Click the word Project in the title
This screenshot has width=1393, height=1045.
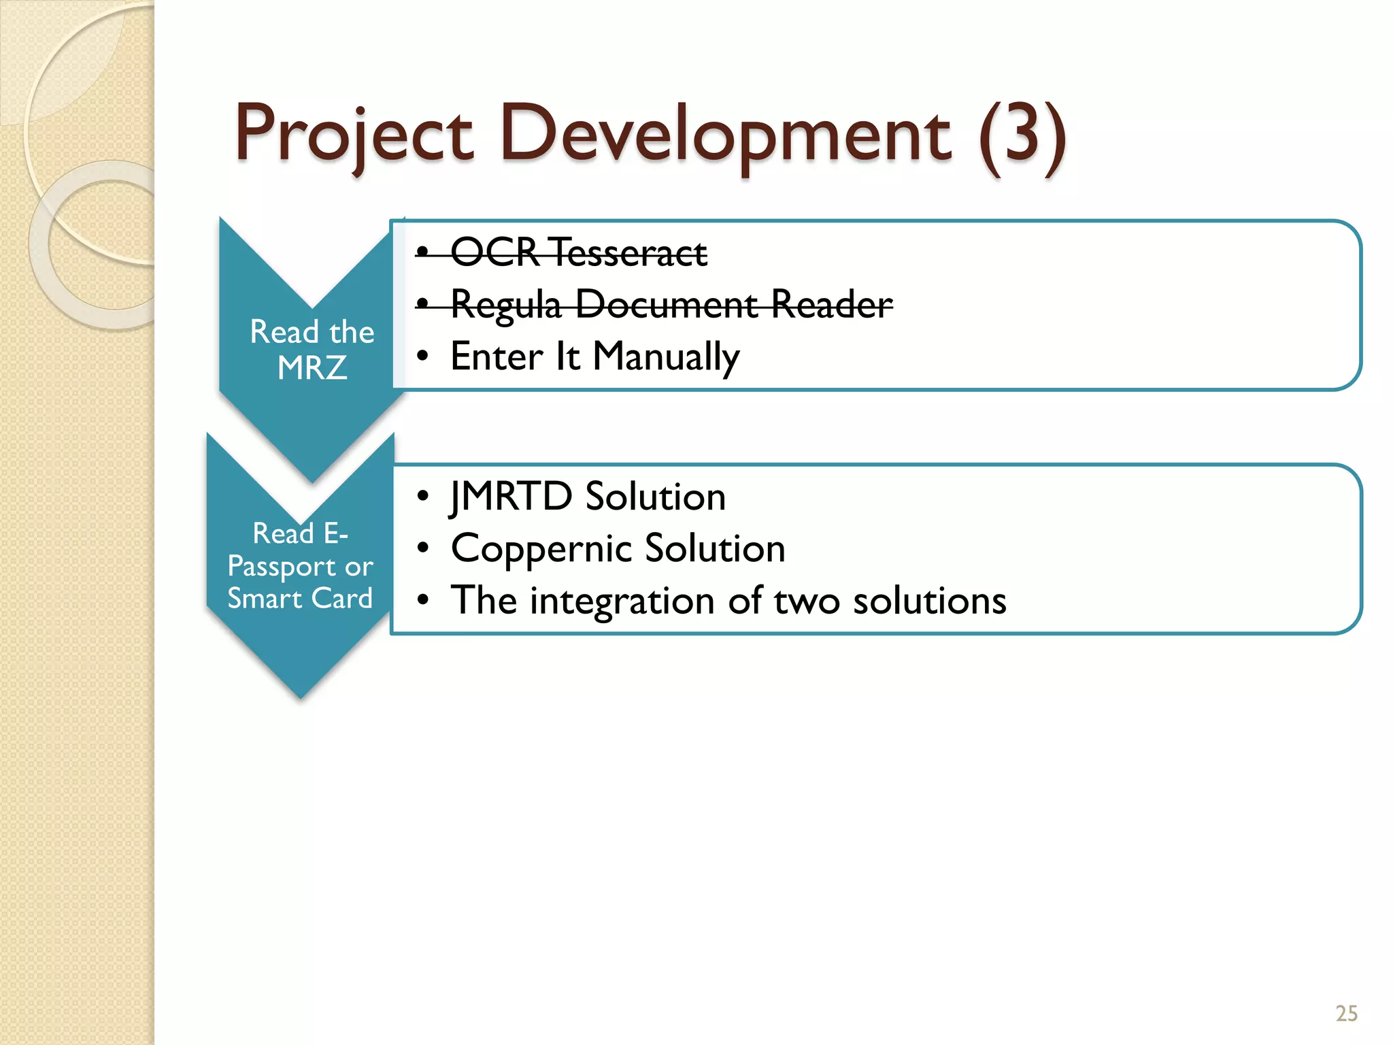354,135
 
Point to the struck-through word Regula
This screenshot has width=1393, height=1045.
506,305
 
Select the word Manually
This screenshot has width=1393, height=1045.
666,356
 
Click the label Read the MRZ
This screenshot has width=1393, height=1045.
312,350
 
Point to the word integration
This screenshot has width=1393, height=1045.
622,601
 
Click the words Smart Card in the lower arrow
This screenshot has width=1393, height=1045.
300,599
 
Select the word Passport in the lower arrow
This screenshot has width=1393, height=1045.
282,567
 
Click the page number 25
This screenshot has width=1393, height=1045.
1346,1014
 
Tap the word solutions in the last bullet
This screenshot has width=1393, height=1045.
929,601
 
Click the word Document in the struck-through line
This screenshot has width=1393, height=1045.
667,304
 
